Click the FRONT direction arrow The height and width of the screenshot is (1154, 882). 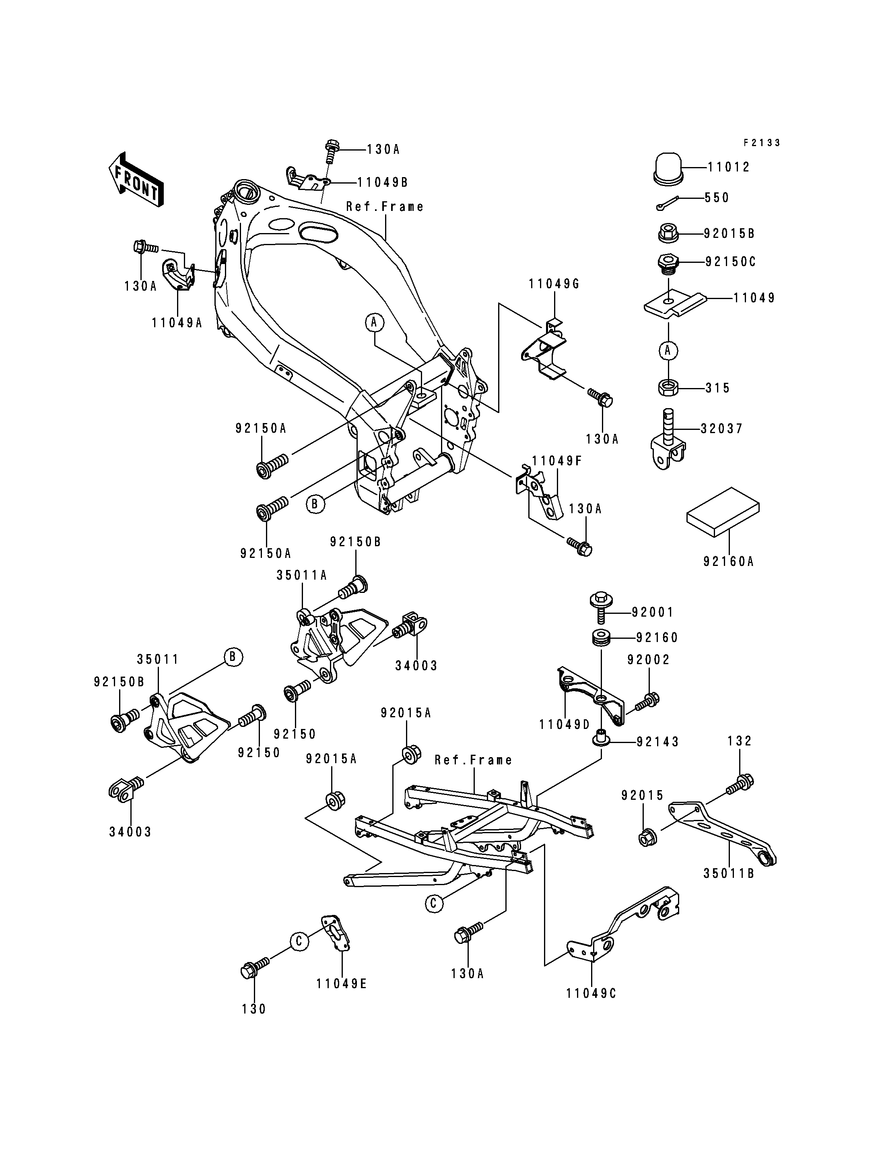[x=136, y=180]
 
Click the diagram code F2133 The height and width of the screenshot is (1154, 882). [x=762, y=143]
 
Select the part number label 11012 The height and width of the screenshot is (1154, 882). [x=729, y=167]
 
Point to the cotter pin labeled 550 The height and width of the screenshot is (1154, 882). [x=667, y=203]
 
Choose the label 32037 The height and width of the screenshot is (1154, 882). [x=722, y=429]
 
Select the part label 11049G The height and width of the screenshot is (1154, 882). [x=554, y=284]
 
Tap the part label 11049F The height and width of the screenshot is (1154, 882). [x=557, y=461]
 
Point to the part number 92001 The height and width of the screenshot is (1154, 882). [x=653, y=613]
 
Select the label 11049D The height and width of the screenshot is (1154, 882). [x=565, y=725]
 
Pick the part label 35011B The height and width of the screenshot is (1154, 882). [x=729, y=873]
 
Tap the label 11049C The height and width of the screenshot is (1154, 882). [x=591, y=994]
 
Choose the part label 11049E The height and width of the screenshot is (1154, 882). [x=341, y=984]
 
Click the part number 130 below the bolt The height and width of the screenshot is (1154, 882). [x=254, y=1009]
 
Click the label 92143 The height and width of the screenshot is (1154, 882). [x=658, y=742]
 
